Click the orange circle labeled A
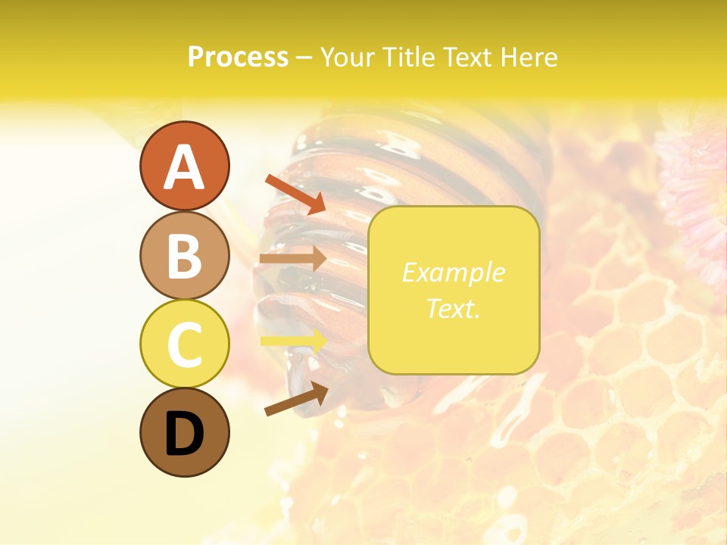point(184,166)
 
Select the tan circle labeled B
point(184,255)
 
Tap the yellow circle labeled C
point(184,344)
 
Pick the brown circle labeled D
point(184,432)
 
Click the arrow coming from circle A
point(295,194)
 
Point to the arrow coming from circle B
point(293,259)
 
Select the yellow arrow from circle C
point(294,341)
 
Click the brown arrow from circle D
point(296,400)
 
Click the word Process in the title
point(238,57)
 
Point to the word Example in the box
point(453,272)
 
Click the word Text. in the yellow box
point(453,308)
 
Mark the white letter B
point(184,255)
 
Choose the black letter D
point(184,434)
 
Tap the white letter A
point(184,167)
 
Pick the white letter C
point(184,344)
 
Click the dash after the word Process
point(304,58)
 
